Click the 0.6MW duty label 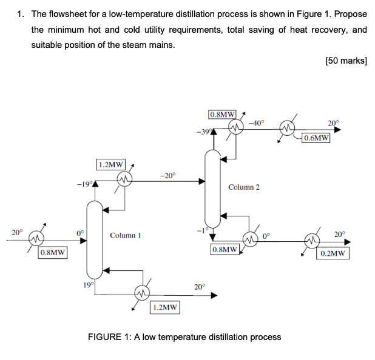(317, 138)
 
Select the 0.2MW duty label (334, 253)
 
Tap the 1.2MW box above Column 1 (110, 164)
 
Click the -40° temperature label (260, 122)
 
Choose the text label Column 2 (244, 187)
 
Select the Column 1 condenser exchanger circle (124, 181)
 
